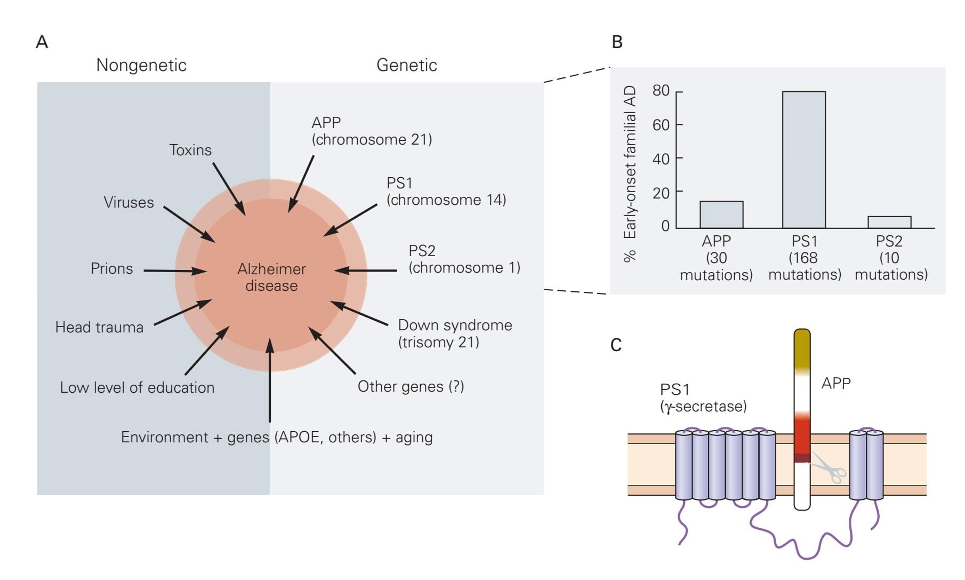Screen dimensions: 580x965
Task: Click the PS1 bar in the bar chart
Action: point(803,160)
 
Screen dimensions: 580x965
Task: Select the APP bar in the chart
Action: point(721,214)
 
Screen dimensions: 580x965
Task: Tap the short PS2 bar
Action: point(889,222)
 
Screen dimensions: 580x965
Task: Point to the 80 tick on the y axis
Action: point(661,91)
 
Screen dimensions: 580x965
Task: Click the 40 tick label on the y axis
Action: point(661,159)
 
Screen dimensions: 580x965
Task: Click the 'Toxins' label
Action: point(190,150)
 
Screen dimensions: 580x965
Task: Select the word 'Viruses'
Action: point(128,203)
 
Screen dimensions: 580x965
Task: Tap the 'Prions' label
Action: point(111,268)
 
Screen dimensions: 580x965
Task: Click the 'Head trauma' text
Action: point(99,327)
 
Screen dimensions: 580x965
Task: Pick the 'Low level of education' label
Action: point(137,387)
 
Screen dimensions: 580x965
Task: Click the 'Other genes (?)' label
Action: point(411,386)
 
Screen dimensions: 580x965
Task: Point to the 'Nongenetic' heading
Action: point(141,65)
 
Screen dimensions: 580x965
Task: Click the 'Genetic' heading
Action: point(406,65)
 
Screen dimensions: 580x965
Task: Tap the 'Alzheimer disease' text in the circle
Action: point(271,277)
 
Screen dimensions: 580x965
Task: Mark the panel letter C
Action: point(616,345)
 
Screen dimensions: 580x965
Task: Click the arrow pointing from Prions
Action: point(175,271)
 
